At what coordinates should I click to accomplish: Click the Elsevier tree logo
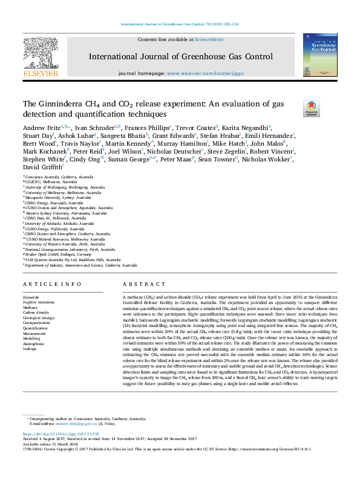pos(40,58)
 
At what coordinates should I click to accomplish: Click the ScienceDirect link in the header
pos(209,39)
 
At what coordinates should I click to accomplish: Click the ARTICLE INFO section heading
pos(52,284)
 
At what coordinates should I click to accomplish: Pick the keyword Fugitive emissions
pos(38,302)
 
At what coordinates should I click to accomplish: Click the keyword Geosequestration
pos(38,322)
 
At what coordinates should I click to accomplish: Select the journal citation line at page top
pos(180,24)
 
